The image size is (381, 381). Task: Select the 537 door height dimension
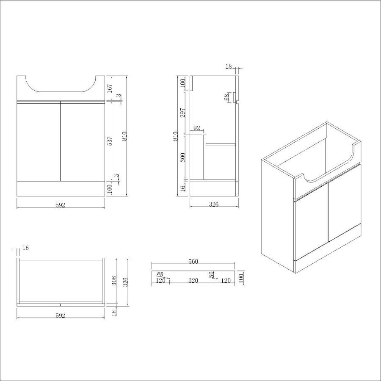click(x=110, y=141)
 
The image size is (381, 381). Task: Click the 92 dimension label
click(x=196, y=128)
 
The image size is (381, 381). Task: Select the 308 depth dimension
click(x=113, y=281)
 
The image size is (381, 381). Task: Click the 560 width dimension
click(x=193, y=262)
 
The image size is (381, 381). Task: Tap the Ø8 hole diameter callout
click(x=160, y=274)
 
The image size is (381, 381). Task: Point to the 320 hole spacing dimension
click(x=193, y=280)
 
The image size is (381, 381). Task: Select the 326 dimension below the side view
click(x=214, y=204)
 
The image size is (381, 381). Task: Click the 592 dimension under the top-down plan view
click(x=61, y=316)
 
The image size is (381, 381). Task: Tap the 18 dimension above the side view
click(x=229, y=66)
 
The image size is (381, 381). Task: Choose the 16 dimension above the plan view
click(x=25, y=248)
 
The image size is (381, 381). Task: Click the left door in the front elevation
click(x=38, y=141)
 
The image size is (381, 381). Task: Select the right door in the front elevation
click(x=83, y=141)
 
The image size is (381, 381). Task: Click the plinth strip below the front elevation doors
click(x=61, y=189)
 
